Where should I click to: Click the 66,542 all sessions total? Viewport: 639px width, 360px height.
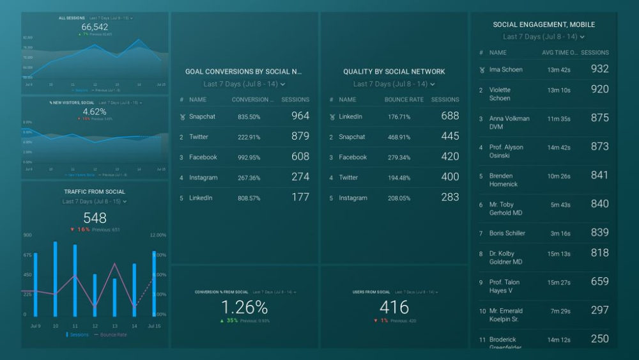95,27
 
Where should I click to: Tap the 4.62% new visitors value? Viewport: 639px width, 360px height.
95,111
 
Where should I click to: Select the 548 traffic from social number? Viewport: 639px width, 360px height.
95,218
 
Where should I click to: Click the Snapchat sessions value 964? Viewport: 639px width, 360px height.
300,116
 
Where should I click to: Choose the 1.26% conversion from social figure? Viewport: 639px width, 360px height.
244,307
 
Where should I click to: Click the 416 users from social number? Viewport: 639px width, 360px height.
394,307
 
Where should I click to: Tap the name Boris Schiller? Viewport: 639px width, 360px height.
507,233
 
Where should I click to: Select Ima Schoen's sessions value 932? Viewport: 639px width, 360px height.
599,69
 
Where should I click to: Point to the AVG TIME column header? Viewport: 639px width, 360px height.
560,53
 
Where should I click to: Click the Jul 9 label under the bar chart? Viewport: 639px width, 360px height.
36,326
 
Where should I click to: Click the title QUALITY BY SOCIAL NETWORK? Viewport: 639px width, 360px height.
394,72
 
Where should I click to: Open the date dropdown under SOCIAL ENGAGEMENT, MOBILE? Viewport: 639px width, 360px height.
544,37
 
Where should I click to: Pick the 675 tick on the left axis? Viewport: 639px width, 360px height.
27,255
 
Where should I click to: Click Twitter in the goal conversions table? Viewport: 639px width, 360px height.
199,137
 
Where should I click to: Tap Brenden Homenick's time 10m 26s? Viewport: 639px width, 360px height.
558,176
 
